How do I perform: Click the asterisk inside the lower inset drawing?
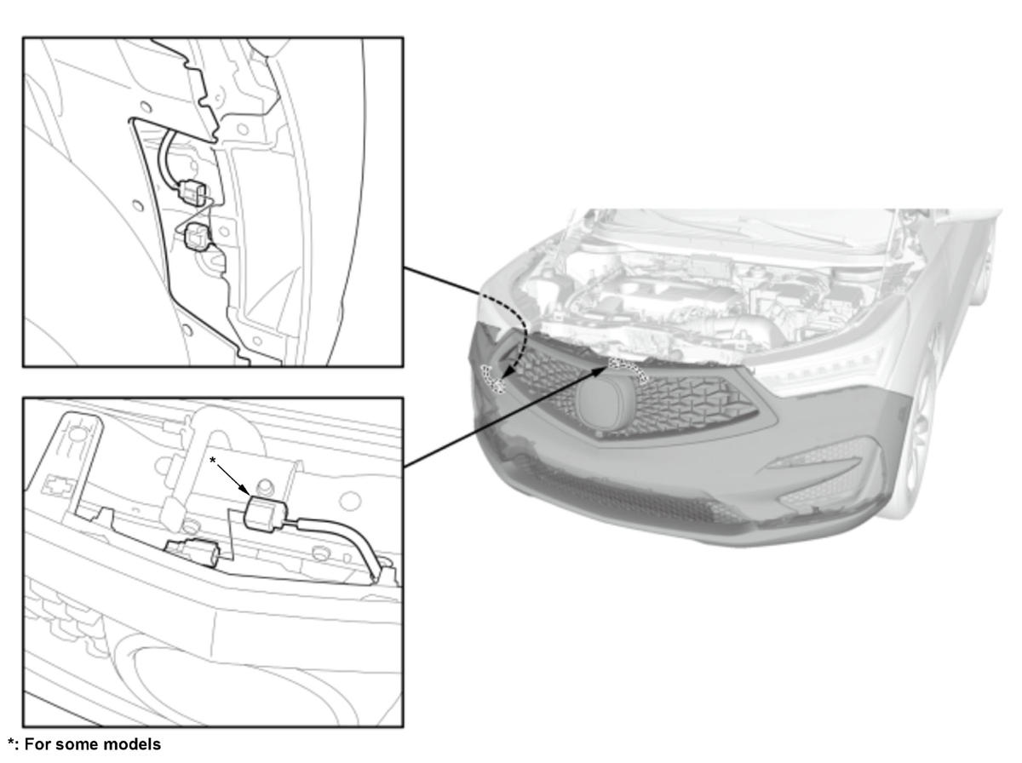[x=212, y=461]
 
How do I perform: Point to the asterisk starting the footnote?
[x=11, y=742]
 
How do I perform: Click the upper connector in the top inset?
[x=192, y=192]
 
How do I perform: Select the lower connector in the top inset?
[x=197, y=236]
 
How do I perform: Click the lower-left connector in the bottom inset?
[x=194, y=551]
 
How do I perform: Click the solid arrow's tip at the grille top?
[x=607, y=366]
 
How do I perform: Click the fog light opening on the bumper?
[x=812, y=457]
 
